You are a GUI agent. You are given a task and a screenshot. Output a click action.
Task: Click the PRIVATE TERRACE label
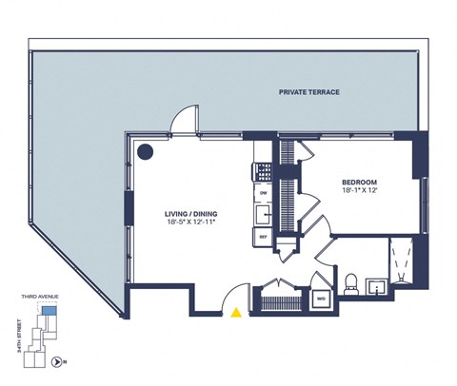(309, 92)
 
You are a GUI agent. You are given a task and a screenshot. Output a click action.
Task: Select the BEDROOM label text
(360, 182)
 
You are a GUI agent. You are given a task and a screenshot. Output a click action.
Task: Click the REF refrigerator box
(264, 236)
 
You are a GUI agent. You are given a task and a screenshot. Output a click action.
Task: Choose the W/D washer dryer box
(320, 297)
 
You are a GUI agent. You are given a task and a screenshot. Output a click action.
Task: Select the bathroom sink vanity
(375, 282)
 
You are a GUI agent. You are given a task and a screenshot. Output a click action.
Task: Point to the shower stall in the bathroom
(400, 262)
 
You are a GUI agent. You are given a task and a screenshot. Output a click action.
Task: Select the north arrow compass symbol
(58, 361)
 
